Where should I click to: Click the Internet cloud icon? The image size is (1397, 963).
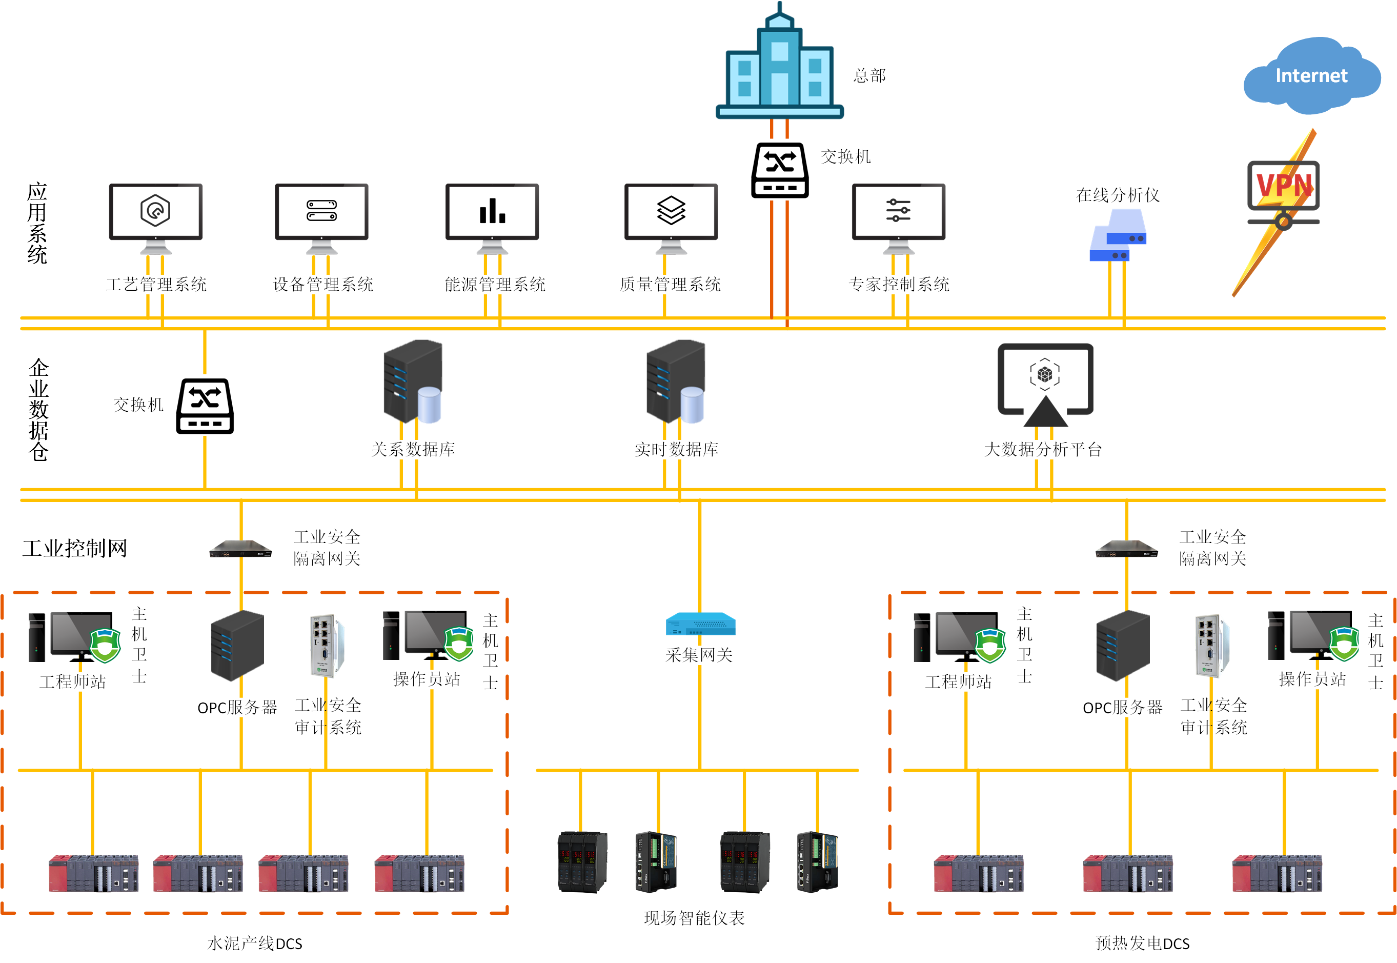[x=1311, y=75]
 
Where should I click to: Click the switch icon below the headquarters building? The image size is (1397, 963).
[x=780, y=170]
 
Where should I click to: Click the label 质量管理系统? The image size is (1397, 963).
[x=670, y=284]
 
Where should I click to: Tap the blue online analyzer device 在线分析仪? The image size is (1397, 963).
[x=1118, y=236]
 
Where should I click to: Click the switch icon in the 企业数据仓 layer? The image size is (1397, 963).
[x=205, y=406]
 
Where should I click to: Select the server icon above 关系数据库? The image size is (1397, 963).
[x=413, y=382]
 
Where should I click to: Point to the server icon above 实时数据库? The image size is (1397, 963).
[x=676, y=382]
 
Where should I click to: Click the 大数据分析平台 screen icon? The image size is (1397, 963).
[x=1045, y=384]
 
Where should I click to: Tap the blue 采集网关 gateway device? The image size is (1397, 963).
[x=700, y=624]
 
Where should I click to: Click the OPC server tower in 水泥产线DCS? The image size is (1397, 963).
[x=238, y=645]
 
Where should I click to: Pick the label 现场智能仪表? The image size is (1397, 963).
[x=694, y=918]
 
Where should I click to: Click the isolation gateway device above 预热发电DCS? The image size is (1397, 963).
[x=1126, y=549]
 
